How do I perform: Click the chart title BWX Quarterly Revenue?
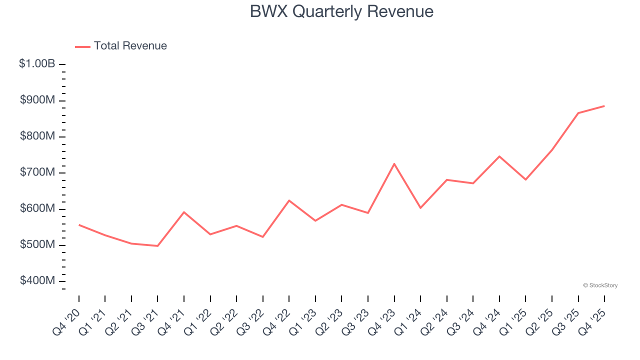tap(341, 11)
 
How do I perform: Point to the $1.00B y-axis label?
tap(37, 64)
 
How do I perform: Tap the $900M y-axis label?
tap(37, 100)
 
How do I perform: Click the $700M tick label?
tap(37, 172)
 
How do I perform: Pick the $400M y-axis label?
tap(37, 281)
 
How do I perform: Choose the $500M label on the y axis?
tap(37, 245)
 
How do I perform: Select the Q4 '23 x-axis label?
tap(383, 321)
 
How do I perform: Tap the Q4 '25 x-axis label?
tap(593, 321)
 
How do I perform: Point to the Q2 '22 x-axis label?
tap(225, 321)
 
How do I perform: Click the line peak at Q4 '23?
tap(394, 163)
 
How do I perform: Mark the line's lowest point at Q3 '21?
tap(157, 246)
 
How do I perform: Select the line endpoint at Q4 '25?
tap(604, 106)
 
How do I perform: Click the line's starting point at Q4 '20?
tap(79, 225)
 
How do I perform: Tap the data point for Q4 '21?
tap(184, 212)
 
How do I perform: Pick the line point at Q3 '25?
tap(578, 113)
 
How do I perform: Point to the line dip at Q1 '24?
tap(420, 208)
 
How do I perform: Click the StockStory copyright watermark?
tap(600, 285)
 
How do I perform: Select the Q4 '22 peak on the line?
tap(289, 200)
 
